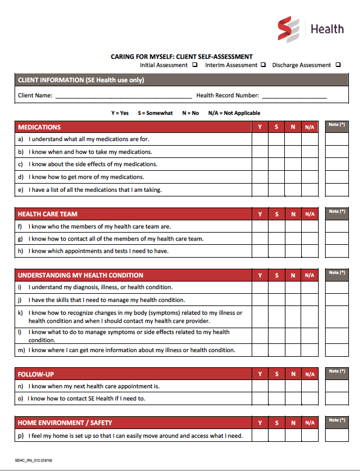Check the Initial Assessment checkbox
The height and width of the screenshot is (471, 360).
[x=195, y=65]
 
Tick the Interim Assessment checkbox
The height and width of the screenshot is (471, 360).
[x=263, y=65]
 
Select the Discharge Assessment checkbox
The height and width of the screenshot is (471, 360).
[x=338, y=65]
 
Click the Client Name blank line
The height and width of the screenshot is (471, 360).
[x=122, y=96]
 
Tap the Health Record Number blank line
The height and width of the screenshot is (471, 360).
[x=294, y=96]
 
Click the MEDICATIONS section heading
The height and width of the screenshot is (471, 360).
[x=40, y=127]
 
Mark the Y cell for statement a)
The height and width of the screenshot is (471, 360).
[x=260, y=139]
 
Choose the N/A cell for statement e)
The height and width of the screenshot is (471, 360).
[x=309, y=189]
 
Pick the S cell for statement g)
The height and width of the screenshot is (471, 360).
[x=276, y=239]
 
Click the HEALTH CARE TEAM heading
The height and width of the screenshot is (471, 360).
[x=48, y=214]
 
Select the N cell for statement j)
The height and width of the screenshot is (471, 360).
[x=293, y=300]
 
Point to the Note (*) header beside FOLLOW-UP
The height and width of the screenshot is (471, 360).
[x=337, y=371]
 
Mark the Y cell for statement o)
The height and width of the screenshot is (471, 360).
[x=260, y=399]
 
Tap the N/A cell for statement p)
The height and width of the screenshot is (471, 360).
[x=309, y=435]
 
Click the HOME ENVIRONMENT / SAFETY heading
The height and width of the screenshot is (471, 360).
[x=65, y=423]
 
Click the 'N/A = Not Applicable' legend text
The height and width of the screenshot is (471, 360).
[x=234, y=113]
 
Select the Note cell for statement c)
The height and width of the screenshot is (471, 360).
[x=337, y=164]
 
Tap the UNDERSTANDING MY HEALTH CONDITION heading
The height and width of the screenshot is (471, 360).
[x=80, y=275]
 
